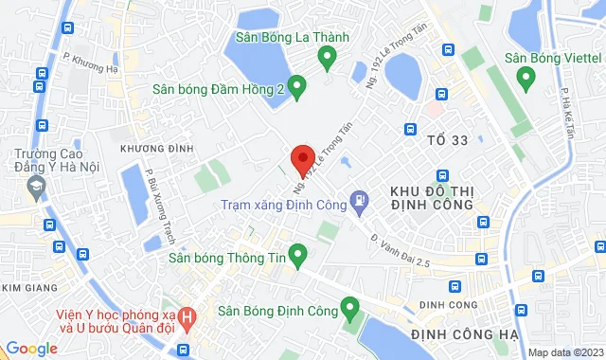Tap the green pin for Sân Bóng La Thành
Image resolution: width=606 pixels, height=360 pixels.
(328, 60)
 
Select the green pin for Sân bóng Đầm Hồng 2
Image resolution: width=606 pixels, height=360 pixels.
(295, 89)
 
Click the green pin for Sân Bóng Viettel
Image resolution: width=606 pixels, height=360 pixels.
(526, 80)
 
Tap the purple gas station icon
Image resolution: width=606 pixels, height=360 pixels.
(359, 201)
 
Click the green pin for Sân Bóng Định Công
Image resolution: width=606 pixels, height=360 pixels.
(349, 308)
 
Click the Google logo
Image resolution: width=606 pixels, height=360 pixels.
(31, 349)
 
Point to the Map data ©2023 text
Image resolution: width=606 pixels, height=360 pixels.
(564, 352)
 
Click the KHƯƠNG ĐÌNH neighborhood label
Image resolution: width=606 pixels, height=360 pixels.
(157, 149)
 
